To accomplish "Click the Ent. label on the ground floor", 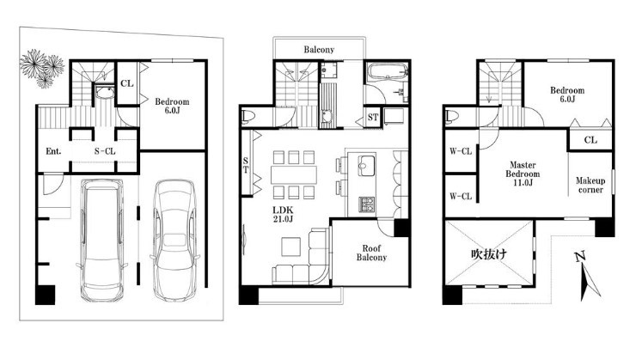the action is point(53,151).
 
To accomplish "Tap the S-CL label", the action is point(105,151).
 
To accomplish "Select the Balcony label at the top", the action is point(319,50).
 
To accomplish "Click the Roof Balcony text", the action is point(371,253).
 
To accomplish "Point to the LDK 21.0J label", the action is point(283,214).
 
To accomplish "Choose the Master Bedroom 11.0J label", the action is point(523,174).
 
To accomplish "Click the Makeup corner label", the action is point(590,185).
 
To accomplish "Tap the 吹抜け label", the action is point(489,254).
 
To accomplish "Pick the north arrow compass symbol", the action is point(587,277).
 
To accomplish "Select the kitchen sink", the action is point(366,166).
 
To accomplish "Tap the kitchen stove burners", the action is point(366,204).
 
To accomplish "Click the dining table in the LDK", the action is point(294,174).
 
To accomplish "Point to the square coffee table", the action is point(290,247).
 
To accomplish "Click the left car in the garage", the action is point(102,239).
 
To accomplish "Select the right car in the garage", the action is point(174,240).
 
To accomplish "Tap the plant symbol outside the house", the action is point(43,68).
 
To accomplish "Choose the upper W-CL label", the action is point(461,151).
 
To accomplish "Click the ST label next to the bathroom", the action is point(373,118).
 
